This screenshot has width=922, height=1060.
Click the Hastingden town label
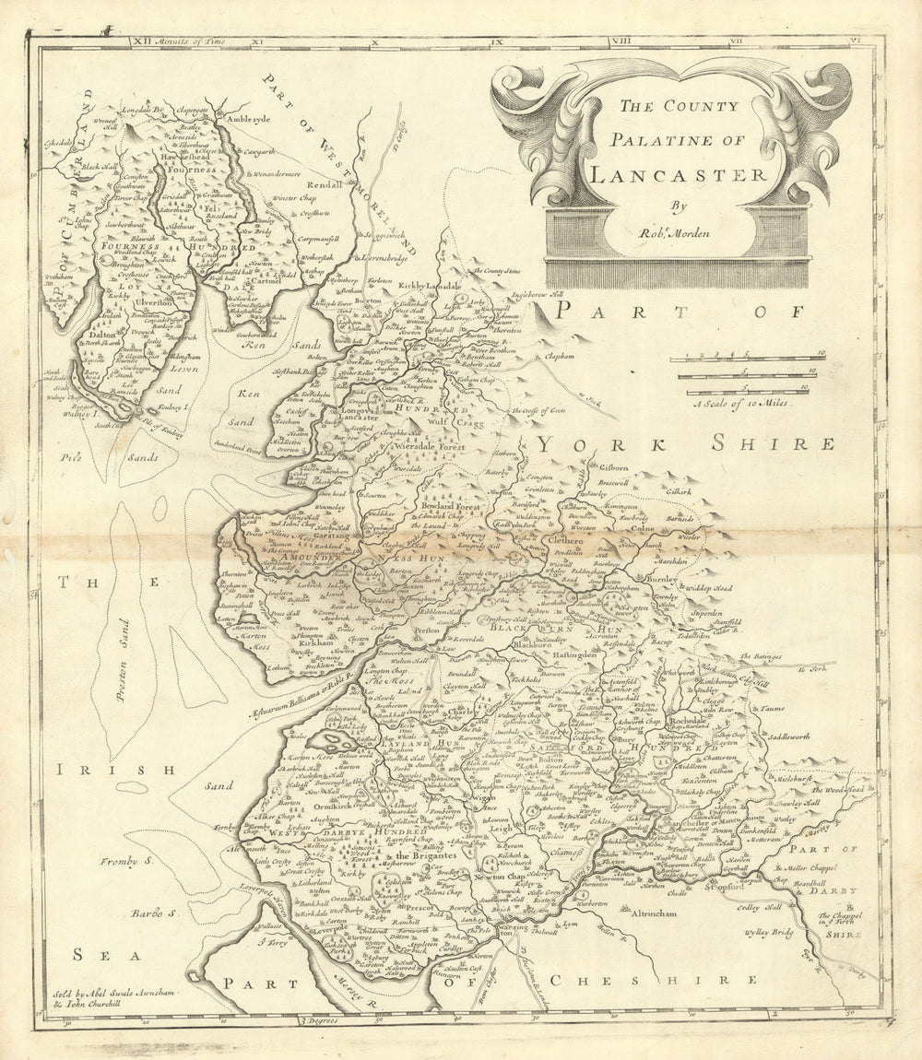coord(583,653)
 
